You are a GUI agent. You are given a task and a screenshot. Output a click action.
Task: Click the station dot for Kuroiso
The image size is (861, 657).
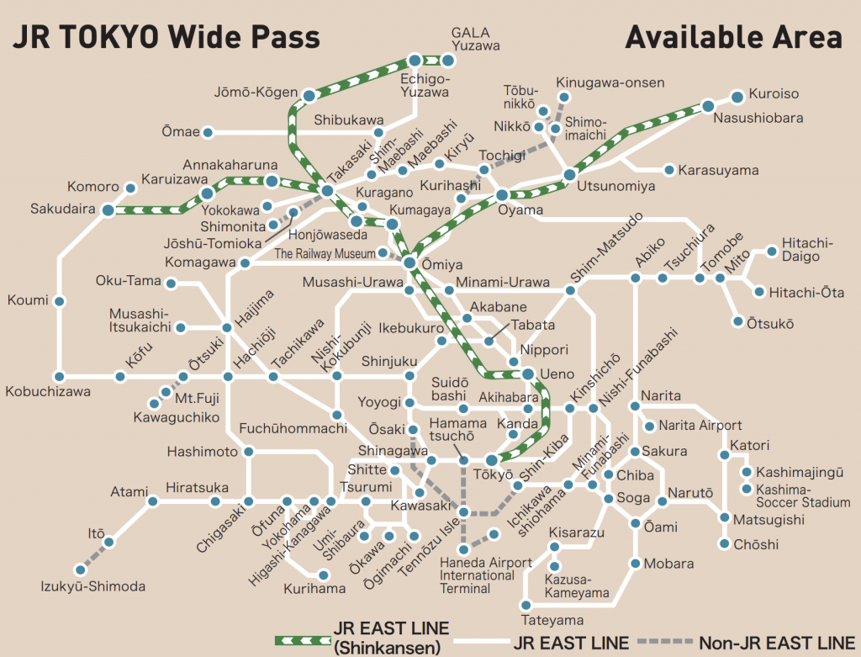pos(737,95)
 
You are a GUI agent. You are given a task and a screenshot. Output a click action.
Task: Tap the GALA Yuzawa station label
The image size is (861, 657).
pos(475,39)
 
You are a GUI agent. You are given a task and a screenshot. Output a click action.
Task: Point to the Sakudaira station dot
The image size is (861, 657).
pos(108,209)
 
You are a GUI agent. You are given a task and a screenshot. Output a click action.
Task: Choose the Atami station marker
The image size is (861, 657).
pos(153,502)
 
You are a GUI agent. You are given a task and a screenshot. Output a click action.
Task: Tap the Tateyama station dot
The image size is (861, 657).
pos(526,605)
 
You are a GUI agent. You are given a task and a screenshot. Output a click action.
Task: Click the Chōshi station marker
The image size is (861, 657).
pos(724,544)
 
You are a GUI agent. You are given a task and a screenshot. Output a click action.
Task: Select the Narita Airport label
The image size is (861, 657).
pos(700,426)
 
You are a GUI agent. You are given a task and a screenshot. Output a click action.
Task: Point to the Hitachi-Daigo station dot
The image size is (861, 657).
pos(772,251)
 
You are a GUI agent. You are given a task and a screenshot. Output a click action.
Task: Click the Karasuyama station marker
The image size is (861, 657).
pos(669,170)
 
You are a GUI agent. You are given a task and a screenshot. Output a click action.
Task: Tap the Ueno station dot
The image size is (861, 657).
pos(527,374)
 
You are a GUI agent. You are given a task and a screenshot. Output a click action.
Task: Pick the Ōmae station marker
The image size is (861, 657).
pos(209,132)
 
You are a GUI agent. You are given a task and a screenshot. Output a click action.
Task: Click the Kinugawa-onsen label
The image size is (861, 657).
pos(610,82)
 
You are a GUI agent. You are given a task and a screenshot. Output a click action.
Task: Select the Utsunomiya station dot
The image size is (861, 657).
pos(569,175)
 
